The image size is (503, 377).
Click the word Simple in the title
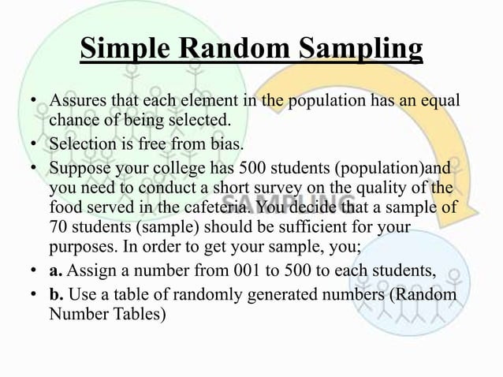coord(127,48)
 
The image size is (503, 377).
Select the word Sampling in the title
coord(361,48)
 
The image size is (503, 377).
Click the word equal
coord(439,104)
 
